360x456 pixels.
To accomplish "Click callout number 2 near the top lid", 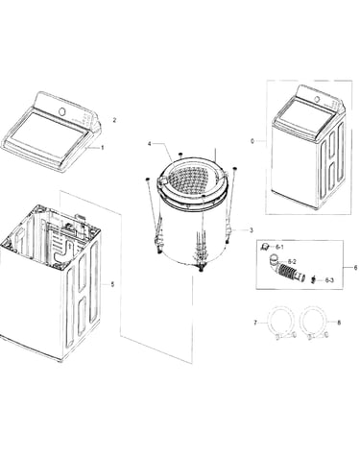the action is click(114, 120).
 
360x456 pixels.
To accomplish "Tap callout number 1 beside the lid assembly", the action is click(103, 148).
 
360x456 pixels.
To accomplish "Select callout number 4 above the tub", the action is click(150, 144).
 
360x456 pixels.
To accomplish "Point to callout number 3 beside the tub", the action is click(252, 230).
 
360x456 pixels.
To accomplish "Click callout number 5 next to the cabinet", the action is click(112, 284).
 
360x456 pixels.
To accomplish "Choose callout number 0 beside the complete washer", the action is click(252, 141).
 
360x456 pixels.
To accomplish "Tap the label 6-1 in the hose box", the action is click(279, 247).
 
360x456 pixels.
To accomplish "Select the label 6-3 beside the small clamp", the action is click(329, 280).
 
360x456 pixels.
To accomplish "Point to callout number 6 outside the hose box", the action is click(355, 268).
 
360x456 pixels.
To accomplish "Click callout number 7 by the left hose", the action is click(255, 323).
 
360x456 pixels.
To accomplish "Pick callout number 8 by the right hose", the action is click(339, 323).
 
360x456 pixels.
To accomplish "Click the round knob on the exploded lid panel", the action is click(62, 111).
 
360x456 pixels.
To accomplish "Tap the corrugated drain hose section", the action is click(287, 273).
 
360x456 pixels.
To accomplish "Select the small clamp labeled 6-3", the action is click(313, 279).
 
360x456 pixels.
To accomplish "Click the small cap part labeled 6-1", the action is click(265, 246).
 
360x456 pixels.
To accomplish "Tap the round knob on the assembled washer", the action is click(317, 99).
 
